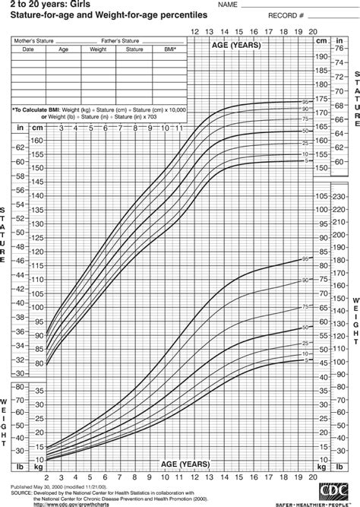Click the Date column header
(x=28, y=48)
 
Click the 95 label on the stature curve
(x=305, y=102)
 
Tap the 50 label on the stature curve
(x=305, y=131)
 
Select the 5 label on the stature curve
(x=305, y=160)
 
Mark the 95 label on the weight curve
(x=305, y=260)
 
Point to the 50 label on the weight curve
(x=305, y=328)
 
